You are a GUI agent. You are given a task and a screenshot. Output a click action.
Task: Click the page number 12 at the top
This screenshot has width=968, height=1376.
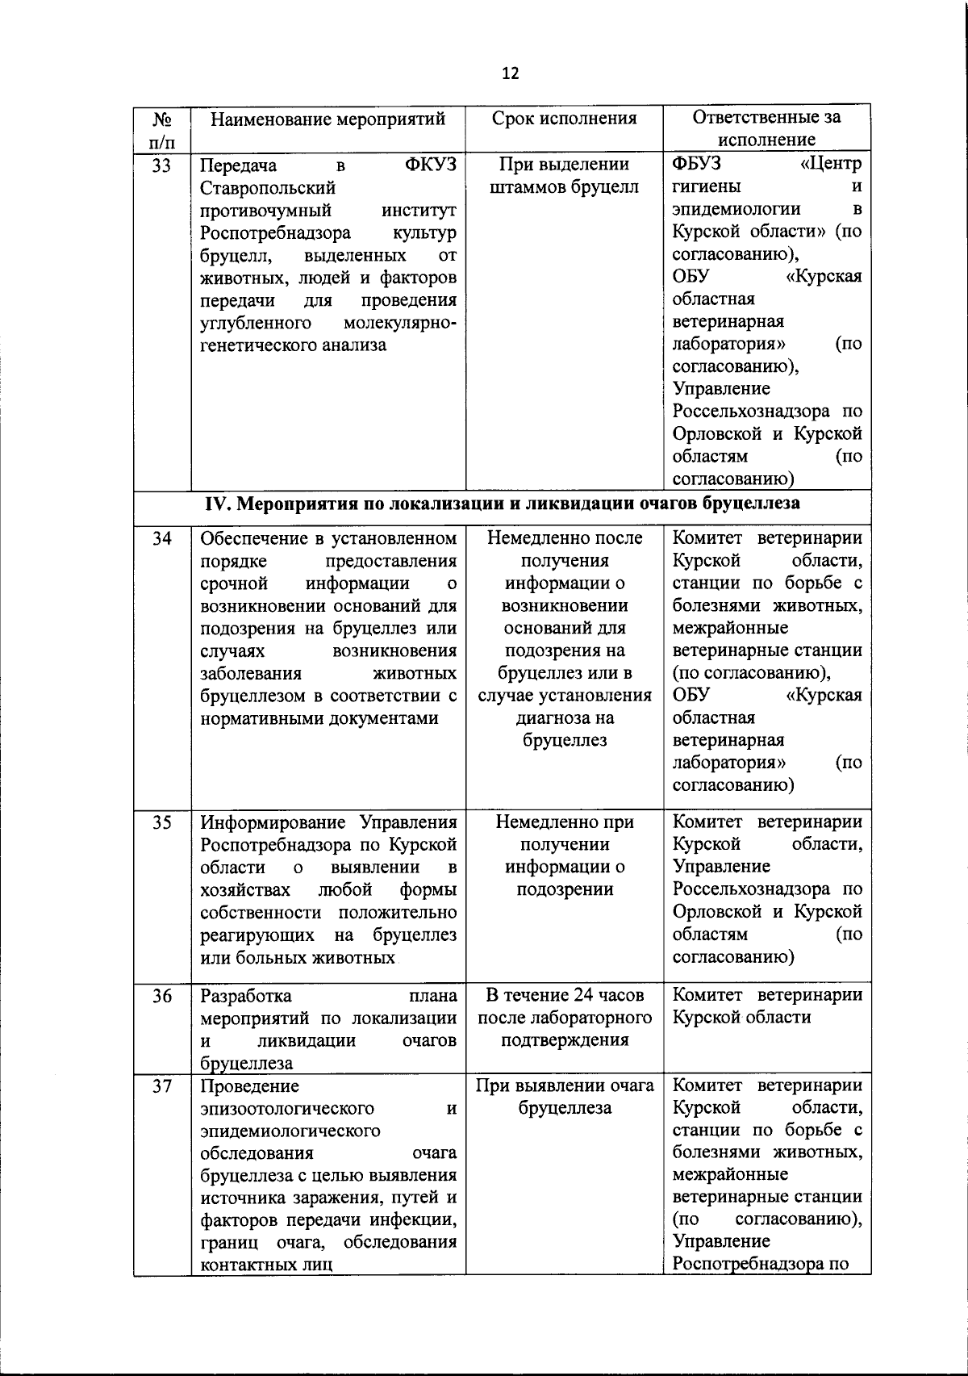pyautogui.click(x=510, y=74)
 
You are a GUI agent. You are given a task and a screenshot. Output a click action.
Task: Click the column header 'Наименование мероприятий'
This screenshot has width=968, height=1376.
pyautogui.click(x=328, y=119)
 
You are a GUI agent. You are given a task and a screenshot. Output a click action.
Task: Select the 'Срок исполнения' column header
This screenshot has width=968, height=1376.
pyautogui.click(x=564, y=119)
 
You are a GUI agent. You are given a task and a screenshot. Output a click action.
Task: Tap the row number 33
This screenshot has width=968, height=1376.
pyautogui.click(x=162, y=165)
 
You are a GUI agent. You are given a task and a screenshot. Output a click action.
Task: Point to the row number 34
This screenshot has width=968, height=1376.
pyautogui.click(x=162, y=538)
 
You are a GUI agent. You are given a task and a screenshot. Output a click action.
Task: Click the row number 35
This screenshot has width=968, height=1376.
pyautogui.click(x=162, y=822)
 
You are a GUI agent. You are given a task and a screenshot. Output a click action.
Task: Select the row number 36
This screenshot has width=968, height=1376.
pyautogui.click(x=162, y=996)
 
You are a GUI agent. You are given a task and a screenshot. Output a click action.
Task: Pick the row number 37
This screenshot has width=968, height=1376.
pyautogui.click(x=162, y=1086)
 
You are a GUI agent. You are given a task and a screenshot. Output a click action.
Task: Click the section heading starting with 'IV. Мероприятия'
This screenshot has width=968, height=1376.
pyautogui.click(x=503, y=504)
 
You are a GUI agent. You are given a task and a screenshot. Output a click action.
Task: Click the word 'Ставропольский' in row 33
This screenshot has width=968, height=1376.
pyautogui.click(x=268, y=188)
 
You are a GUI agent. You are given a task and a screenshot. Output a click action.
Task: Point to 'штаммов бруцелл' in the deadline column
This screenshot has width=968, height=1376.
pyautogui.click(x=564, y=188)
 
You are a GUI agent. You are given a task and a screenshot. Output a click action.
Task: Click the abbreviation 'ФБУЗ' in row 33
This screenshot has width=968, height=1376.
pyautogui.click(x=698, y=165)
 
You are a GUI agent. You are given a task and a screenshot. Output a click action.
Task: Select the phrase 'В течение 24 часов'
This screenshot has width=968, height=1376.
pyautogui.click(x=564, y=995)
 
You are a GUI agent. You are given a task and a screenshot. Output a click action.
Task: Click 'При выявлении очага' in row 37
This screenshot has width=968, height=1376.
pyautogui.click(x=564, y=1085)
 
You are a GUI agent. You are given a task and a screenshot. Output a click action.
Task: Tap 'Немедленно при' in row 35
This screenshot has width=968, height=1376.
pyautogui.click(x=564, y=822)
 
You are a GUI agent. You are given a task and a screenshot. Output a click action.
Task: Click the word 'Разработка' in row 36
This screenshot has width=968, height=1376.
pyautogui.click(x=246, y=996)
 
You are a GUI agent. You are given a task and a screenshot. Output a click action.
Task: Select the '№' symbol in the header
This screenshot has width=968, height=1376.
pyautogui.click(x=161, y=119)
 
